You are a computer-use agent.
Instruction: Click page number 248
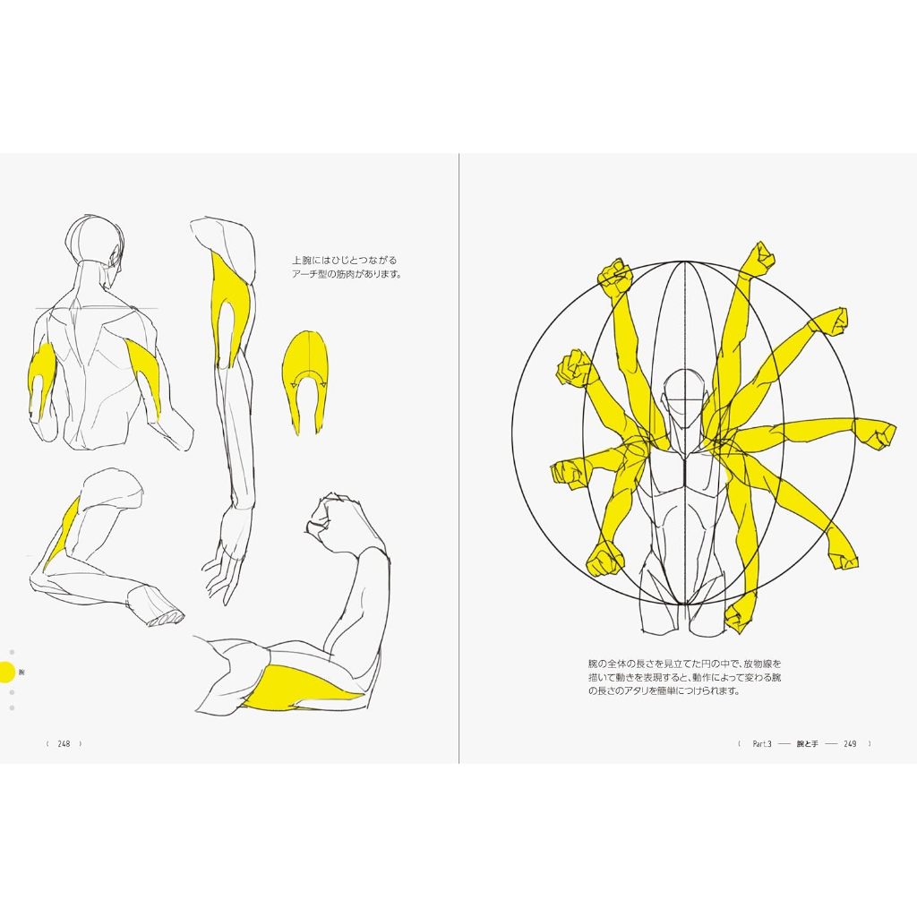tap(64, 743)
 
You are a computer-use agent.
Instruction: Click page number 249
tap(850, 743)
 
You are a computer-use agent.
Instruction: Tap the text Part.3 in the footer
tap(762, 743)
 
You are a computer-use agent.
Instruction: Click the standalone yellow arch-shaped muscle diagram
tap(304, 376)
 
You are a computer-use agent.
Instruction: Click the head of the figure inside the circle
tap(683, 394)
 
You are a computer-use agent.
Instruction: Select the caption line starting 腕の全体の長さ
tap(685, 664)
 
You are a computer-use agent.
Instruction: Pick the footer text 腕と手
tap(809, 743)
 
